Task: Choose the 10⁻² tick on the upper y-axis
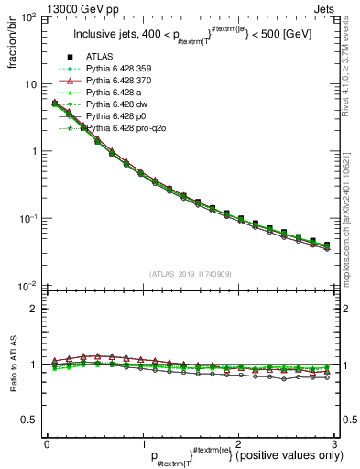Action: [27, 286]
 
